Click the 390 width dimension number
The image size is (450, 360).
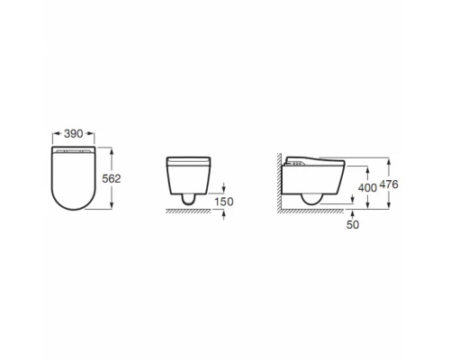coord(74,134)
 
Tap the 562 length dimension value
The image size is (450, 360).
coord(112,179)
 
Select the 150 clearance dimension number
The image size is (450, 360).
coord(224,202)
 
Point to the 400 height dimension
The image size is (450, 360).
coord(367,188)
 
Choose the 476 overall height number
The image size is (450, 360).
coord(389,184)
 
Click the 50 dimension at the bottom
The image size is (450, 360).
coord(353,224)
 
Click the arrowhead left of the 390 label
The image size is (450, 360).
coord(56,134)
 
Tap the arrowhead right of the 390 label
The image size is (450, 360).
coord(91,134)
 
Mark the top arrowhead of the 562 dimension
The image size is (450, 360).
coord(112,150)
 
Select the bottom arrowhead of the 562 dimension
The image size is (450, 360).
coord(112,205)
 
